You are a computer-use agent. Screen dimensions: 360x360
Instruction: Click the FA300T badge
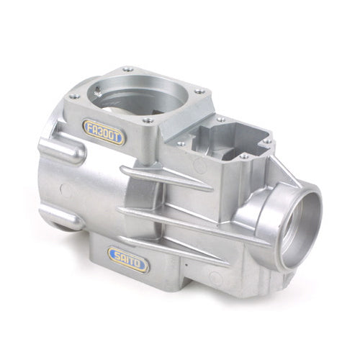coord(104,131)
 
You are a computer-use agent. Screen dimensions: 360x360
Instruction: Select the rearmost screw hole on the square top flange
coord(127,69)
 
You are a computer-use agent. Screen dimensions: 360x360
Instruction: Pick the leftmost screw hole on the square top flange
coord(72,97)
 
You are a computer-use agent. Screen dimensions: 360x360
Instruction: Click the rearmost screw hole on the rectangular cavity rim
coord(220,119)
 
